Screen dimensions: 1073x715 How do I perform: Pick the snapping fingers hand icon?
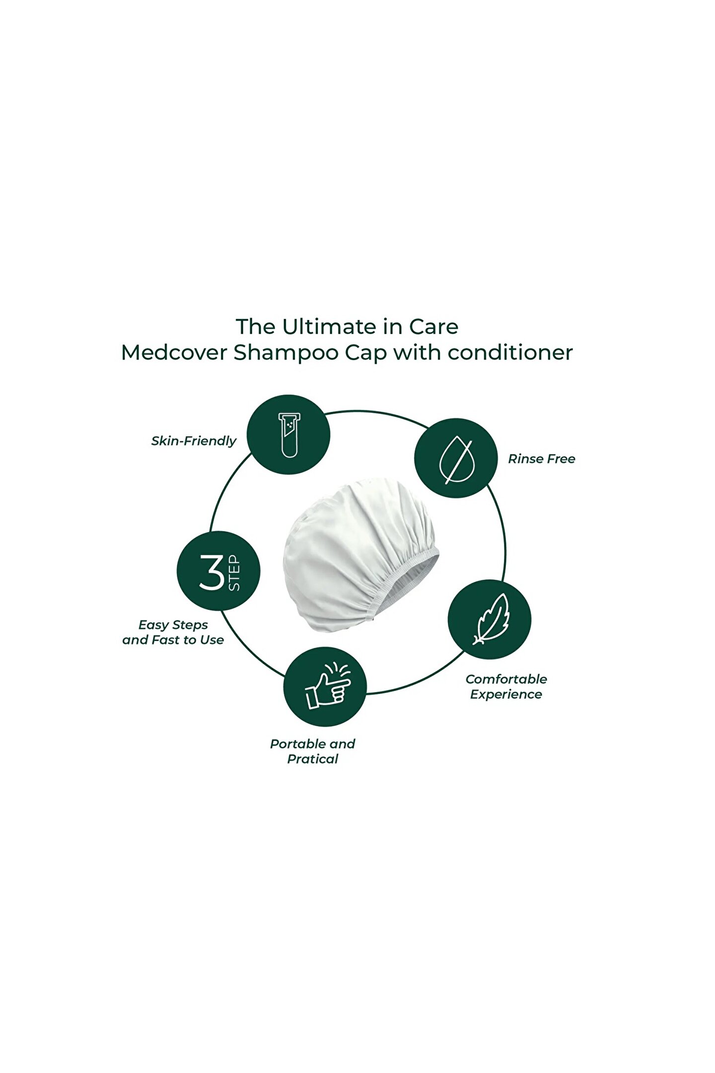[325, 687]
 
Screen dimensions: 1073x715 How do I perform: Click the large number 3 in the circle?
[213, 572]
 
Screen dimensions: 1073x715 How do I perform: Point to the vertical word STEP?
[234, 573]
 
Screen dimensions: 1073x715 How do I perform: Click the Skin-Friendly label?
[194, 441]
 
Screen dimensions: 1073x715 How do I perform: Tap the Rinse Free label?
[541, 459]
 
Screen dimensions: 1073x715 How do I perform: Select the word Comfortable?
[506, 679]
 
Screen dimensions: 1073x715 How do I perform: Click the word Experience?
[506, 694]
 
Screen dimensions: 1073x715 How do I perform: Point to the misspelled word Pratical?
[312, 759]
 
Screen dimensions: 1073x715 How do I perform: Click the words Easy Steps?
[173, 625]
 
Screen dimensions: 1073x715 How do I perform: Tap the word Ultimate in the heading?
[328, 327]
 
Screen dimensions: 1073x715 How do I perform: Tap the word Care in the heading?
[433, 327]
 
